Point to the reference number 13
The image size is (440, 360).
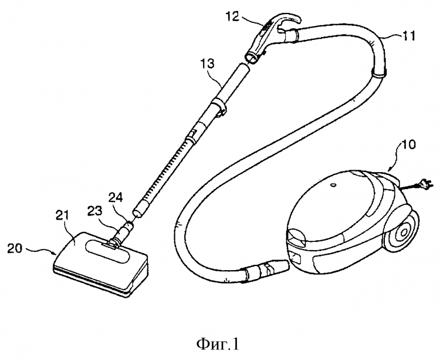[x=208, y=62]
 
